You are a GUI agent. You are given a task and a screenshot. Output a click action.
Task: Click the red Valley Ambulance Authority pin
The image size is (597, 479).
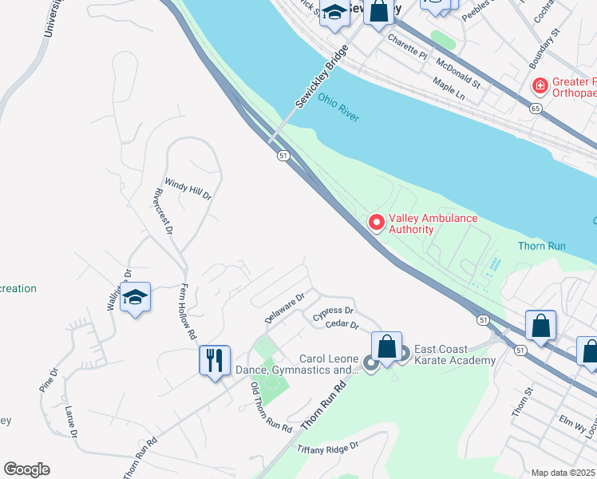[376, 222]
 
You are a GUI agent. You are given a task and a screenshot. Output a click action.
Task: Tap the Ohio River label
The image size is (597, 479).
[338, 106]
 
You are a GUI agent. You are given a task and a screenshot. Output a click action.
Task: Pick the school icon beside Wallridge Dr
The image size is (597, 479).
[136, 299]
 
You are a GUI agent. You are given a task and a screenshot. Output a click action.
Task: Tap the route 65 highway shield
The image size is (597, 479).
[535, 108]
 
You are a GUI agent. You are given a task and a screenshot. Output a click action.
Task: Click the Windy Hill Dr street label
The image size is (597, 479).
[188, 188]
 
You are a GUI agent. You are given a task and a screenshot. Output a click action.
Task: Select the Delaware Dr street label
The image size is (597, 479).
[285, 308]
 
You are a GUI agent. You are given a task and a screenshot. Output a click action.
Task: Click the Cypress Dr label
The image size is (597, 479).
[333, 311]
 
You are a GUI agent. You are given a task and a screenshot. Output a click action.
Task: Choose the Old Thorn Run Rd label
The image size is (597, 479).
[271, 409]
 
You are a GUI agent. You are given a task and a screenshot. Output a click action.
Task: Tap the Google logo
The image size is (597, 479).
[26, 469]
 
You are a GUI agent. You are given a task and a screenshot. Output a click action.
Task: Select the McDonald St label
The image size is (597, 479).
[457, 72]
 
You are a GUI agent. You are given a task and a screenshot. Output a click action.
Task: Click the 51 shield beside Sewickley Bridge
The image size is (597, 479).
[283, 156]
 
